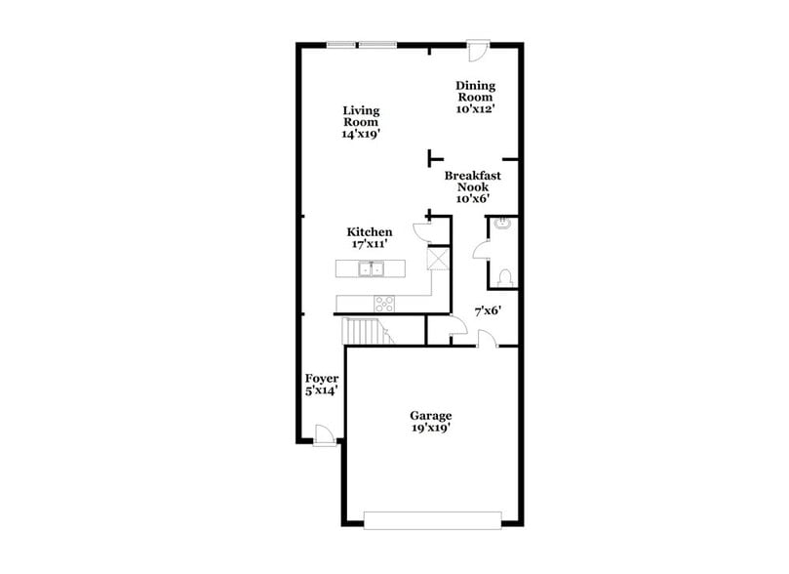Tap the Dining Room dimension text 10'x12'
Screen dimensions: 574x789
click(x=475, y=110)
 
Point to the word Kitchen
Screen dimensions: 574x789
click(x=370, y=232)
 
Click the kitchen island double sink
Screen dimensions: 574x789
click(x=371, y=269)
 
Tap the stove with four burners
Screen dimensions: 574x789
click(x=384, y=303)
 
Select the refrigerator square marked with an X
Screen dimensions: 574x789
click(x=438, y=260)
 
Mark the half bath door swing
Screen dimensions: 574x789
click(x=482, y=250)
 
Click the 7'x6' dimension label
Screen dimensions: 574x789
click(x=488, y=310)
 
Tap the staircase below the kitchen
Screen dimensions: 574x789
click(x=367, y=331)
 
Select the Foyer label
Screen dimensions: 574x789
click(x=321, y=379)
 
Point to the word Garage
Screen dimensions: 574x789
click(x=430, y=417)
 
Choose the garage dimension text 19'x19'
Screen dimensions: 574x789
click(x=430, y=429)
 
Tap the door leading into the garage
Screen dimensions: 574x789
click(x=488, y=339)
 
